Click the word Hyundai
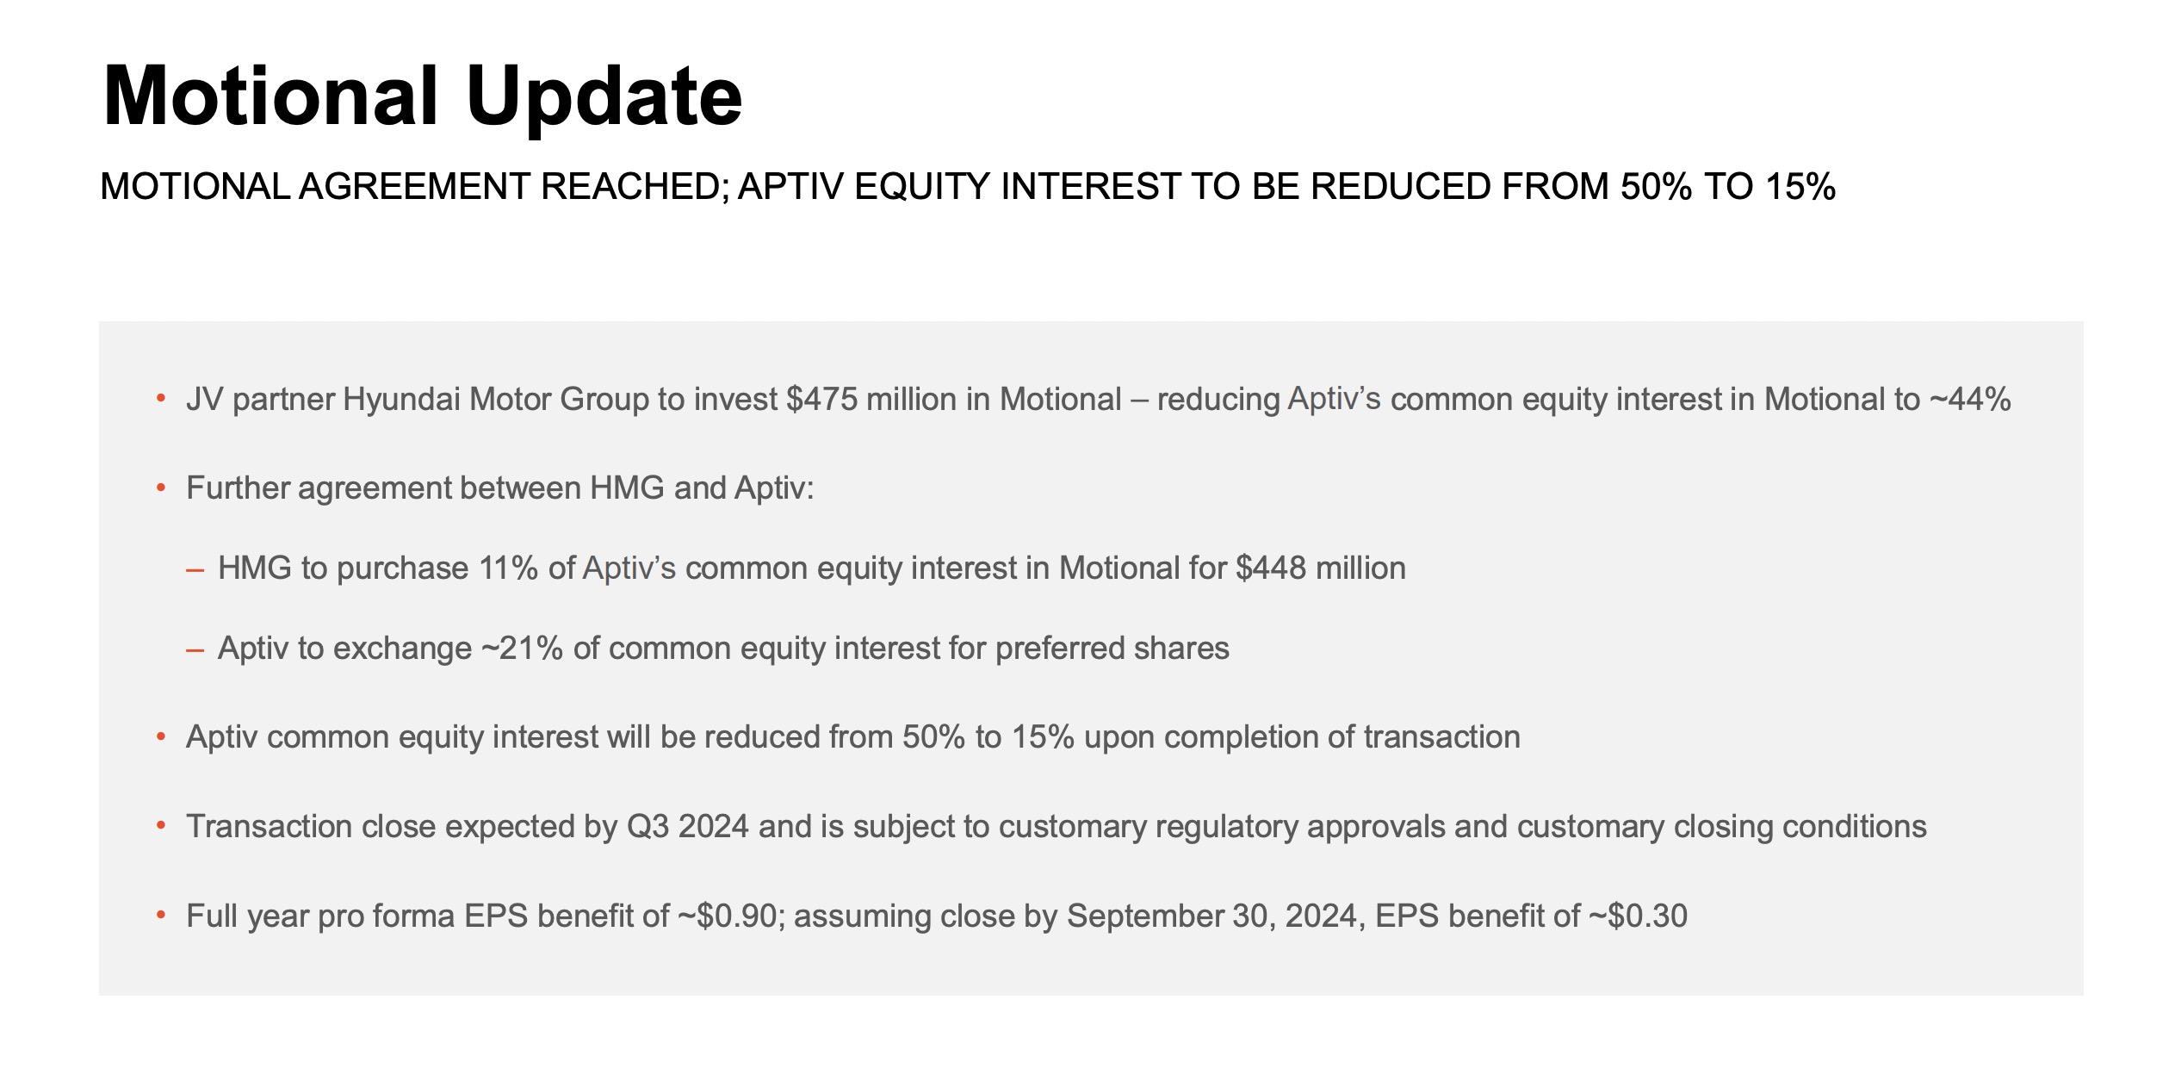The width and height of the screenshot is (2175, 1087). coord(402,401)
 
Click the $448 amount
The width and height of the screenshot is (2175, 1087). coord(1271,568)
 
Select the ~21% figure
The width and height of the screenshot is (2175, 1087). coord(522,649)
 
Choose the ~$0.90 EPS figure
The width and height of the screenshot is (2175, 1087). coord(728,916)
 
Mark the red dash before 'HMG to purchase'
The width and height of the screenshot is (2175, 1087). coord(195,570)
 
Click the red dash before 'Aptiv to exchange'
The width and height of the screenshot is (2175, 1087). coord(195,650)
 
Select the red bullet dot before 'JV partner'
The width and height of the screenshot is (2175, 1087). coord(161,399)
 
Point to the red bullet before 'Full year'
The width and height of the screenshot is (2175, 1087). coord(161,915)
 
